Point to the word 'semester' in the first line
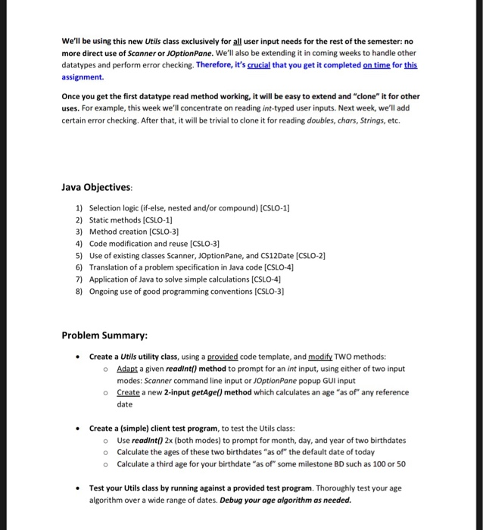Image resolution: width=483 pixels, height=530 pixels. (x=372, y=41)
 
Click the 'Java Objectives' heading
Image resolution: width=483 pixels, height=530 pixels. (x=96, y=186)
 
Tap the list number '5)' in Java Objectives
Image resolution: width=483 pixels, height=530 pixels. (x=79, y=256)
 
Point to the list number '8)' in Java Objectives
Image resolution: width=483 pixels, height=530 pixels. (x=79, y=291)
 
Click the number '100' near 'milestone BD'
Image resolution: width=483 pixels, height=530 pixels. (x=376, y=464)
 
